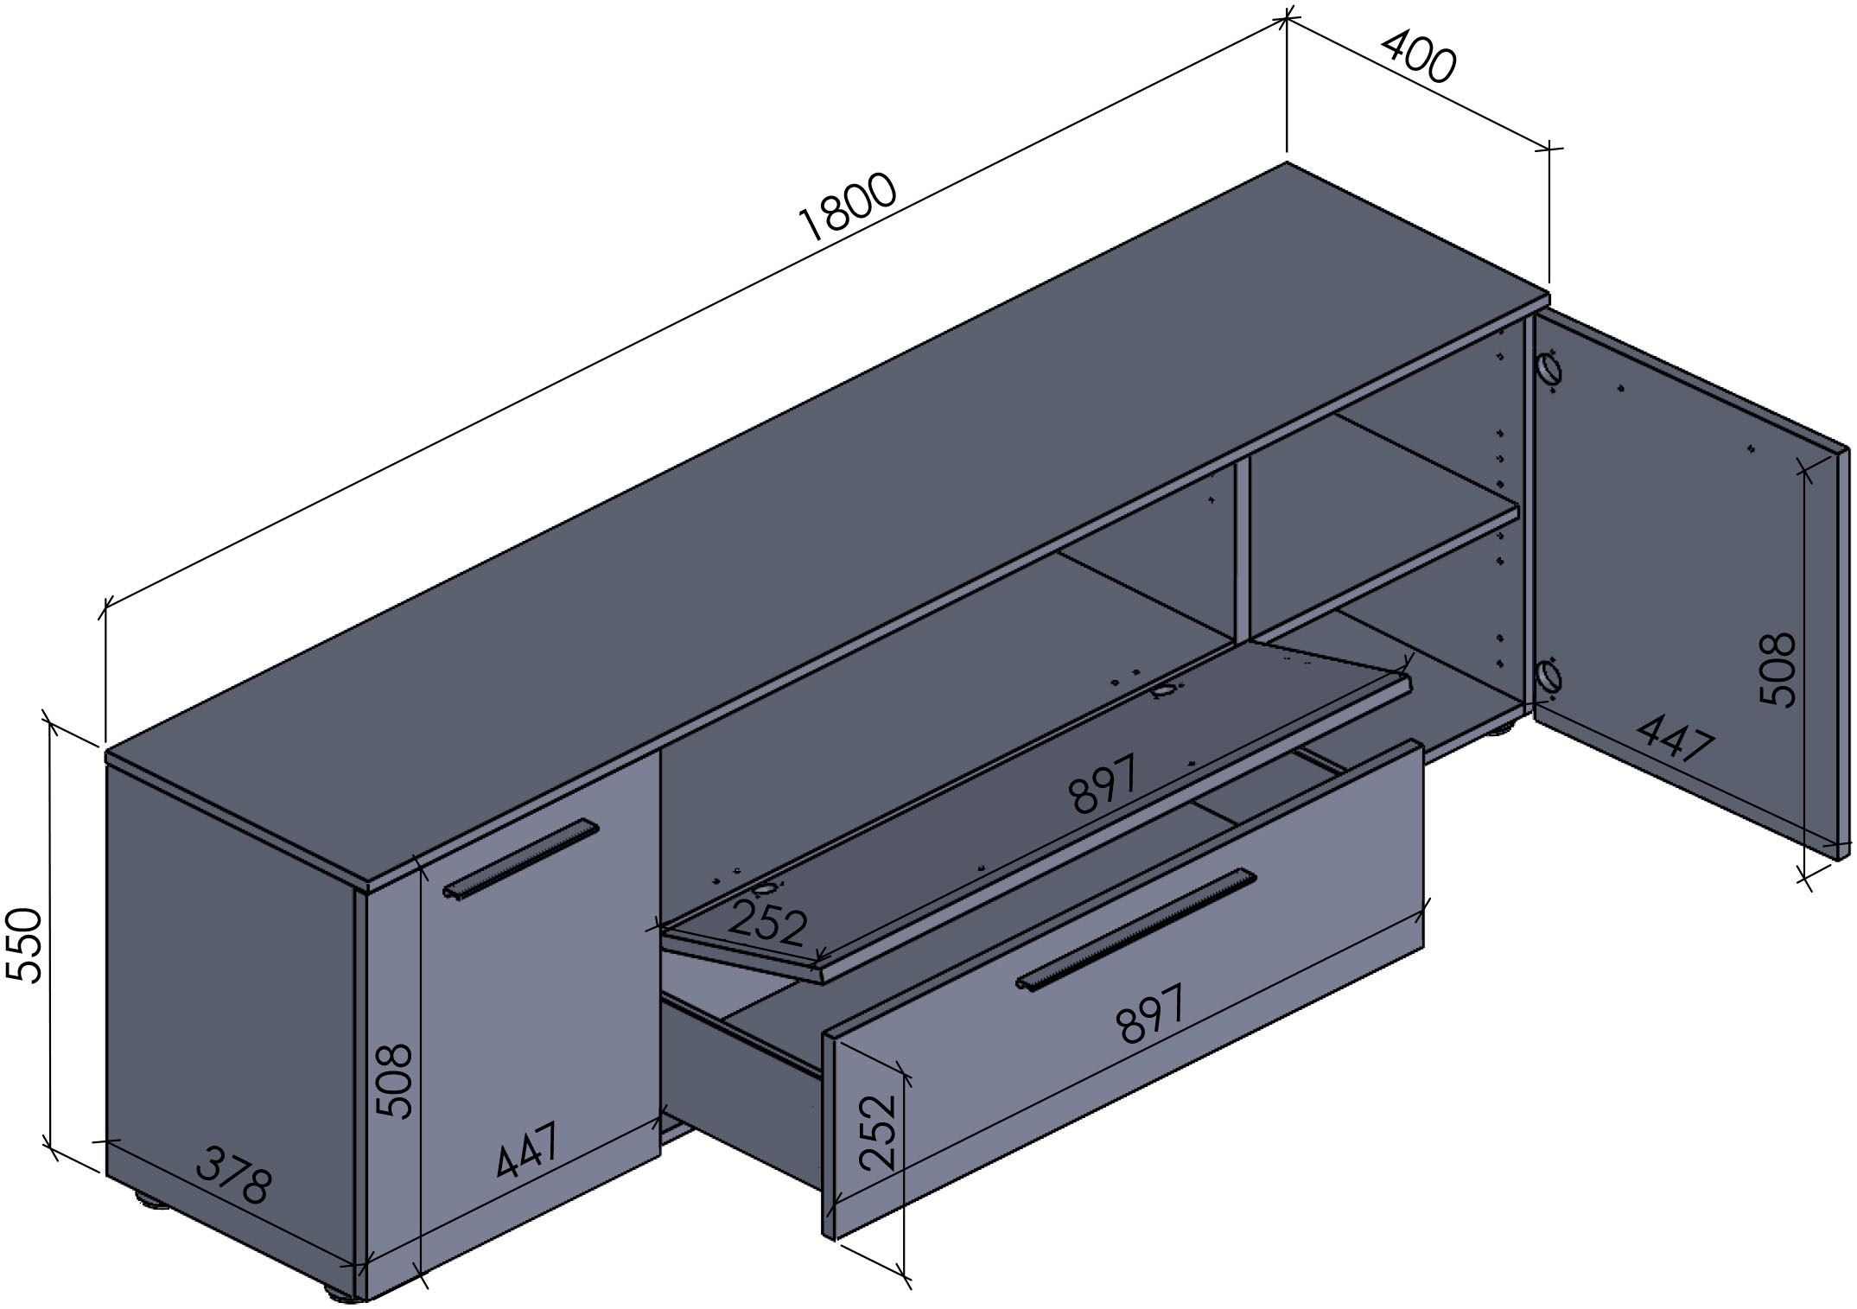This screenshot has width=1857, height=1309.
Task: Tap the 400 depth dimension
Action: [1418, 57]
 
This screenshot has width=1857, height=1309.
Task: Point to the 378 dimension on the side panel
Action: [234, 1177]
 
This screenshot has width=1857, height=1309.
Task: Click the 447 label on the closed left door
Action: [529, 1149]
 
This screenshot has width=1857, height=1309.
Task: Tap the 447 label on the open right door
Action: [1676, 736]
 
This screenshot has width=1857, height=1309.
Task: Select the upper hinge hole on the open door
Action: [1548, 371]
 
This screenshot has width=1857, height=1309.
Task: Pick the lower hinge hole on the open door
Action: [1548, 676]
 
